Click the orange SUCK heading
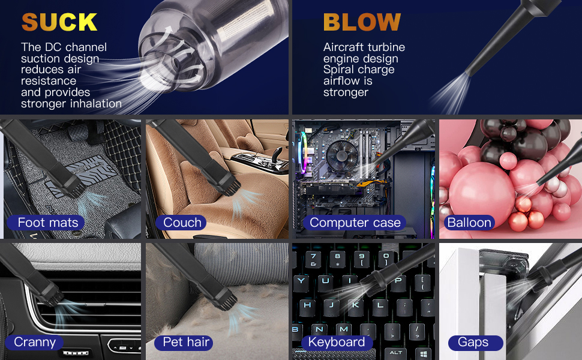click(59, 22)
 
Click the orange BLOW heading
click(361, 22)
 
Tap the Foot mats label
click(48, 223)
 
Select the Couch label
click(182, 223)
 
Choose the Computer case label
click(355, 223)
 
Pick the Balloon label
click(469, 223)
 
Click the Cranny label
click(35, 342)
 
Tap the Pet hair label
click(186, 342)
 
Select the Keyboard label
click(336, 342)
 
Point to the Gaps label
click(473, 342)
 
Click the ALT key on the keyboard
click(395, 352)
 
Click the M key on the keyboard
click(343, 329)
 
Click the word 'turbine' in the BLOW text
click(385, 47)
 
